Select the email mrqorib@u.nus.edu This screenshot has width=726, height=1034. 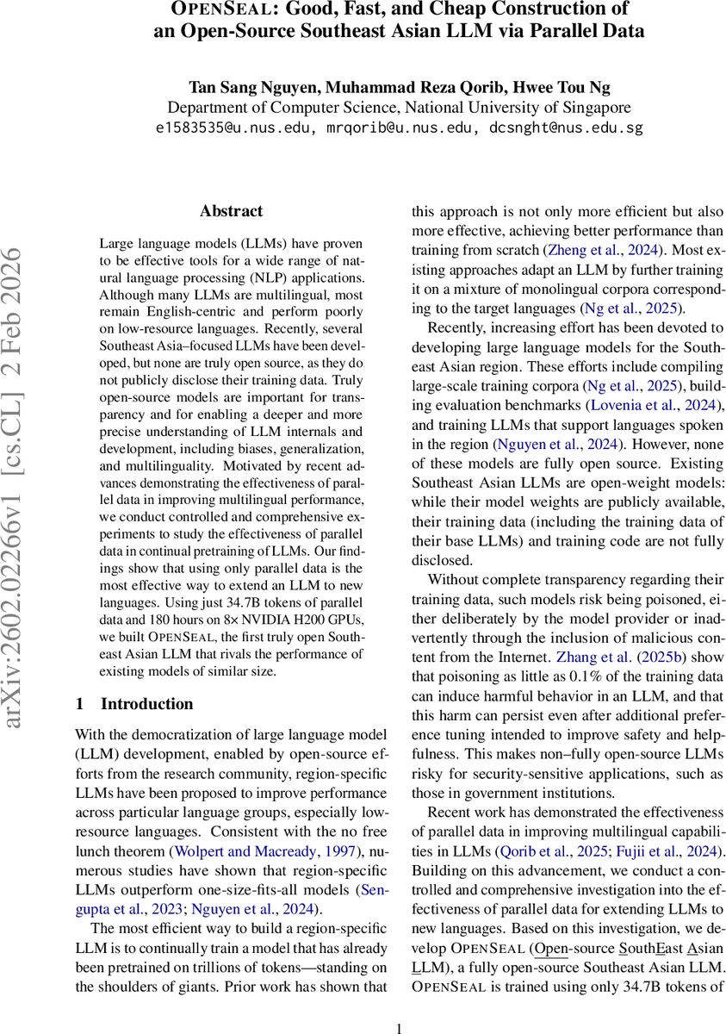(x=400, y=129)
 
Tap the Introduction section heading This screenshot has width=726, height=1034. (x=146, y=704)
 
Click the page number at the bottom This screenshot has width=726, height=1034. (x=399, y=1027)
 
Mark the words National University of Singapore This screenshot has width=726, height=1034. (x=518, y=109)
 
